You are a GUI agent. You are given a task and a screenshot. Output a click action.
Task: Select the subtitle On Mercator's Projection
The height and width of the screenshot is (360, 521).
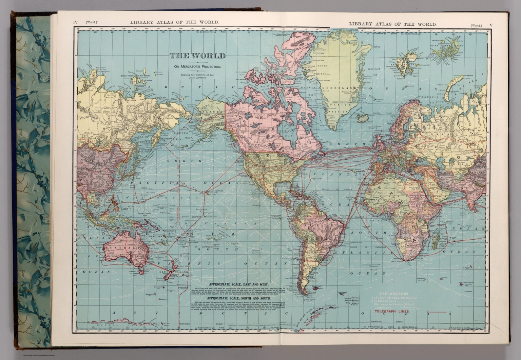coord(197,67)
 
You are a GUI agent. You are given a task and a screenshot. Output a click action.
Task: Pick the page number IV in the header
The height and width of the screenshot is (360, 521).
coord(76,23)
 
